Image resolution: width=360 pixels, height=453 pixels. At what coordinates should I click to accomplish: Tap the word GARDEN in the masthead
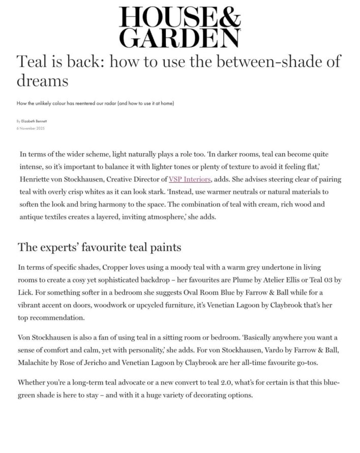tap(179, 38)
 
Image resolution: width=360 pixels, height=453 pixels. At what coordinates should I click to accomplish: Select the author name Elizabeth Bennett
tap(35, 121)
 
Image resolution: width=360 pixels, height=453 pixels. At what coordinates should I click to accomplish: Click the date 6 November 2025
tap(31, 128)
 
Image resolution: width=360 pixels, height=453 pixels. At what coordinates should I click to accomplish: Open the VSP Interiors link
tap(189, 179)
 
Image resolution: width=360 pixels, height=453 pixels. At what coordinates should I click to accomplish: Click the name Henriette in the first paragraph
tap(38, 179)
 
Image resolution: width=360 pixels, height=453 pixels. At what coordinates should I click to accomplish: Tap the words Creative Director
tap(132, 179)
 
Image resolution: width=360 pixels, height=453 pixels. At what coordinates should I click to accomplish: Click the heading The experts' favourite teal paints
tap(100, 248)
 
